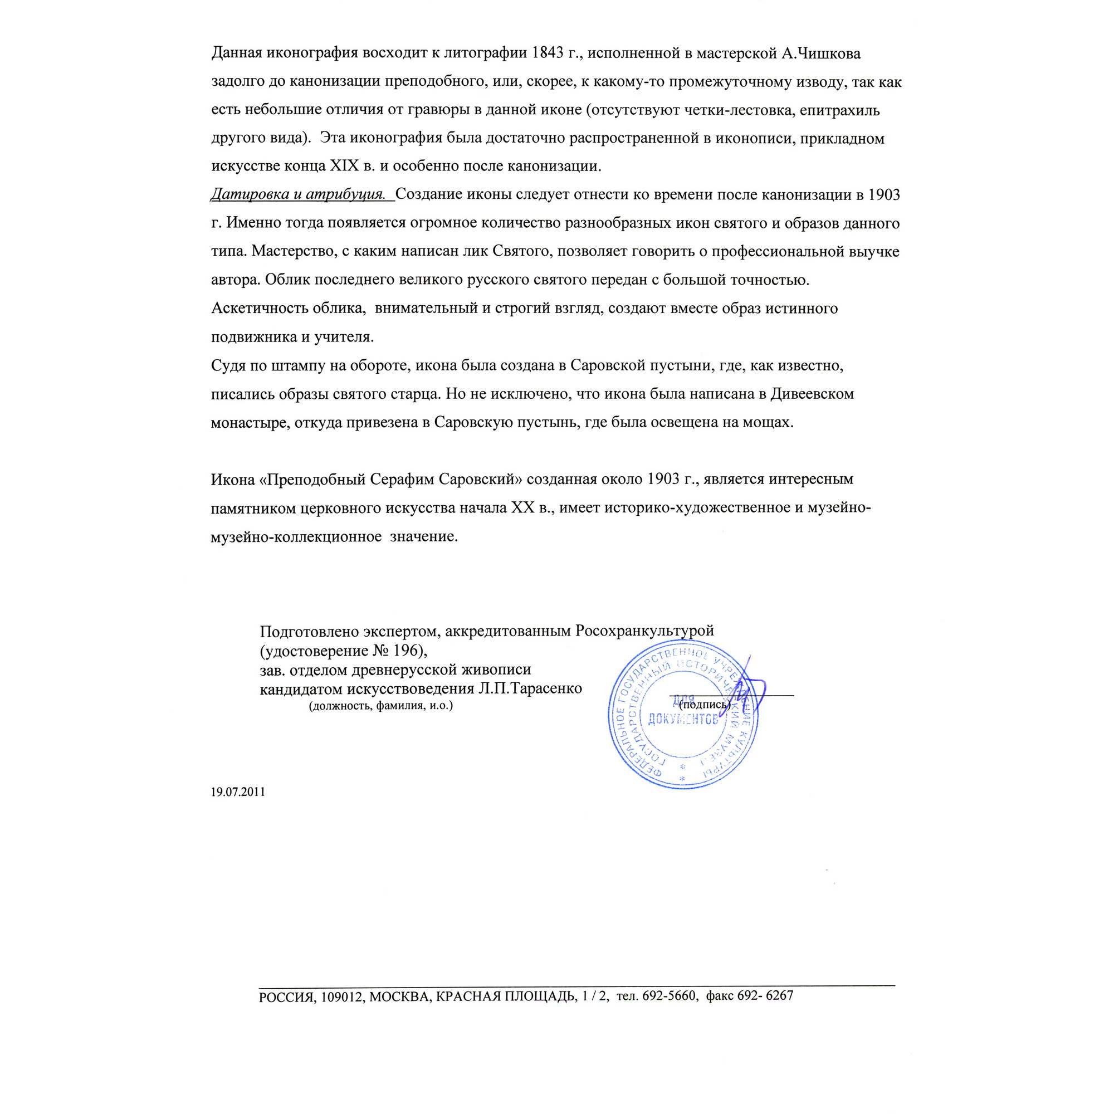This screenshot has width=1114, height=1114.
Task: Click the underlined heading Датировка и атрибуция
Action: (298, 195)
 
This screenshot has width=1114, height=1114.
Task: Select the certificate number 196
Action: (409, 651)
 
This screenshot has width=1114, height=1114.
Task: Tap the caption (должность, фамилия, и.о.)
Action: (381, 706)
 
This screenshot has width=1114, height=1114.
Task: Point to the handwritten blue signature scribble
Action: (750, 686)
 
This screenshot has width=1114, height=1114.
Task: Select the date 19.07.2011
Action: (238, 792)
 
